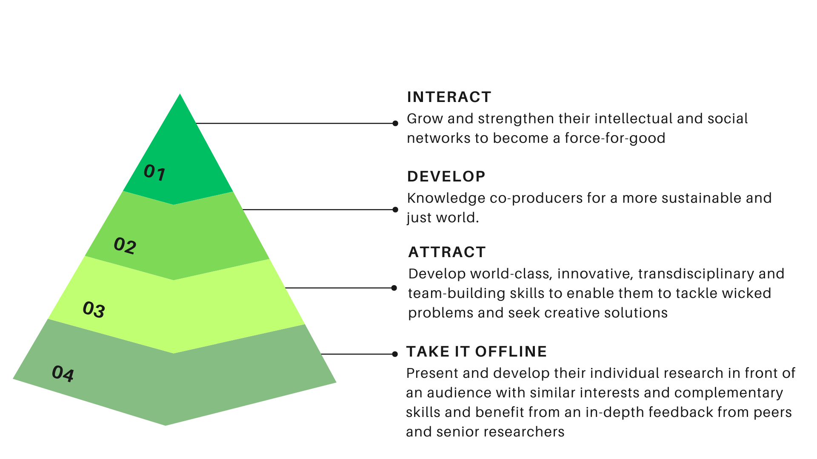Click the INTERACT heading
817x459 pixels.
tap(449, 97)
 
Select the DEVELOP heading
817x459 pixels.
tap(446, 176)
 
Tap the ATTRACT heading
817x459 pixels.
tap(447, 252)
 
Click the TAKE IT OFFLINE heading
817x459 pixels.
tap(477, 351)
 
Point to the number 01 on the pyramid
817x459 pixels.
tap(154, 173)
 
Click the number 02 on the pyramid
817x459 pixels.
tap(125, 245)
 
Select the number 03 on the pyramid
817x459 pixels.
tap(94, 309)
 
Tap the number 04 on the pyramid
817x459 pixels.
tap(63, 373)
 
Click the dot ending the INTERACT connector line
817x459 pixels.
tap(395, 123)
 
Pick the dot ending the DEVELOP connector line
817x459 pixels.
tap(395, 210)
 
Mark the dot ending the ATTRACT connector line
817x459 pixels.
tap(394, 288)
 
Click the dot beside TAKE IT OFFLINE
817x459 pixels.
tap(395, 354)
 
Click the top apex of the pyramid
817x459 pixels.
tap(180, 94)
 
